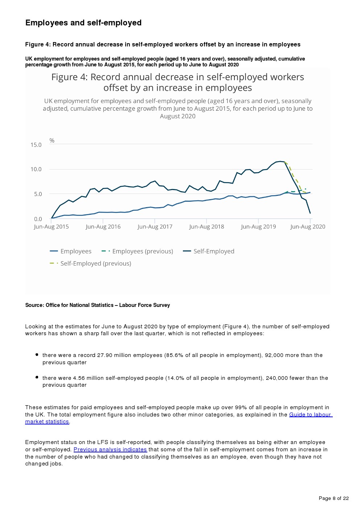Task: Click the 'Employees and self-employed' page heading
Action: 83,23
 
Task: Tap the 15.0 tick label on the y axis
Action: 36,145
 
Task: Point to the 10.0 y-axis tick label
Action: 36,169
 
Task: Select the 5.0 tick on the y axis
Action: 38,194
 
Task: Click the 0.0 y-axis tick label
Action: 38,219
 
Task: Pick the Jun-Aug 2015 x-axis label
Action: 51,227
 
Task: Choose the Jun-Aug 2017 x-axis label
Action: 155,227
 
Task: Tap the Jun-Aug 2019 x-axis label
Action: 258,227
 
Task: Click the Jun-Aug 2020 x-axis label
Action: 308,227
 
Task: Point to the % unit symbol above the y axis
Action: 52,140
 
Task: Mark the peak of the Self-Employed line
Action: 280,161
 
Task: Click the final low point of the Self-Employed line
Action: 310,213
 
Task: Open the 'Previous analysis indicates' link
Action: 110,450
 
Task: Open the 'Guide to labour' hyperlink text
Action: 310,415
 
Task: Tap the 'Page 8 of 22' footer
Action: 334,498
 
